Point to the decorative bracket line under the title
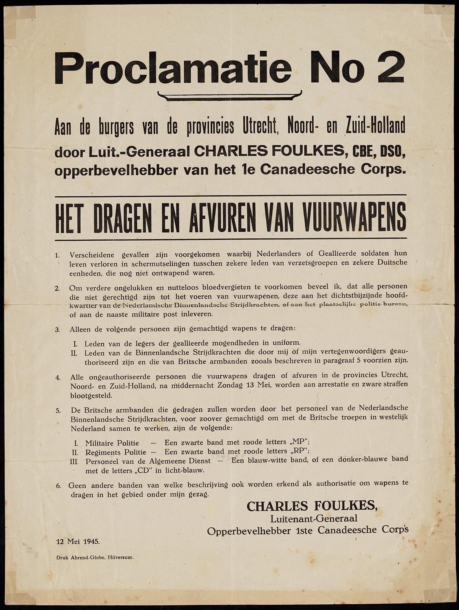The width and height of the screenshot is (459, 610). [229, 95]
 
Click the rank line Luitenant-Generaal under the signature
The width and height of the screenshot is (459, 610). [314, 519]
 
